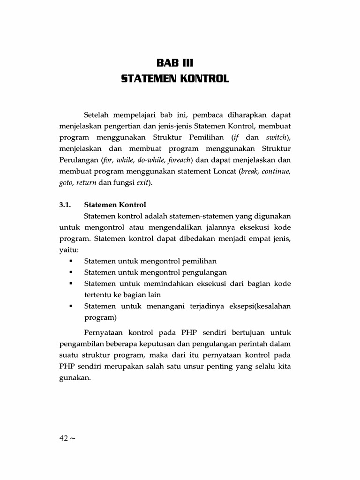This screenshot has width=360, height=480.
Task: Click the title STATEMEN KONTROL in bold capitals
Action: [x=175, y=78]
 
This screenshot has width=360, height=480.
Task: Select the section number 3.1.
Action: [x=65, y=205]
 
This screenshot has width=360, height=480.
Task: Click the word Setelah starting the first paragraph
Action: [x=97, y=115]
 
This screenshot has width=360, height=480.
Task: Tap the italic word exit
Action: [x=142, y=182]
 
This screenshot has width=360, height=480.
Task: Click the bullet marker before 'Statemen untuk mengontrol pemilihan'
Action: [x=70, y=261]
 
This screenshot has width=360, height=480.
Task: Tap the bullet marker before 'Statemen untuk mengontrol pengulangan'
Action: [x=70, y=272]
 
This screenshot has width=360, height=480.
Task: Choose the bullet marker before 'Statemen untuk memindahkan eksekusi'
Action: [x=70, y=284]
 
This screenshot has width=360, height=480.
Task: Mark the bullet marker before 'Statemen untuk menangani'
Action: [x=70, y=306]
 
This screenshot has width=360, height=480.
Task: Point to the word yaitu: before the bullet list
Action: [x=69, y=250]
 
